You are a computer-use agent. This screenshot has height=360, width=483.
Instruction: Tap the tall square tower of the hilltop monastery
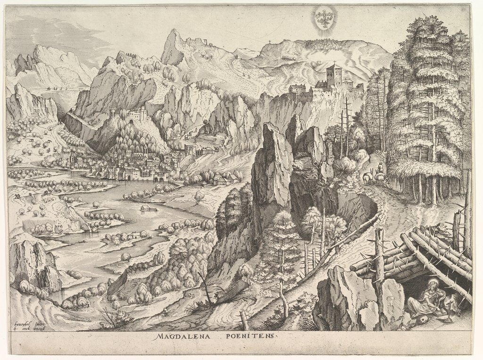point(334,75)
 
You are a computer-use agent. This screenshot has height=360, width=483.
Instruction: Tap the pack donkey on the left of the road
point(366,177)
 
